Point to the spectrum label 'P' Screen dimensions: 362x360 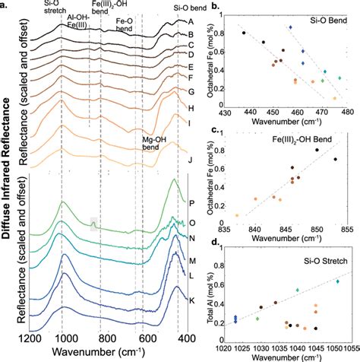[189, 204]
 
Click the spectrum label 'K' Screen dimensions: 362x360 [189, 313]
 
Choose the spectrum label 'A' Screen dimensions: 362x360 [189, 22]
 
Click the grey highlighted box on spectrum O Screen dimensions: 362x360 [94, 223]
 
